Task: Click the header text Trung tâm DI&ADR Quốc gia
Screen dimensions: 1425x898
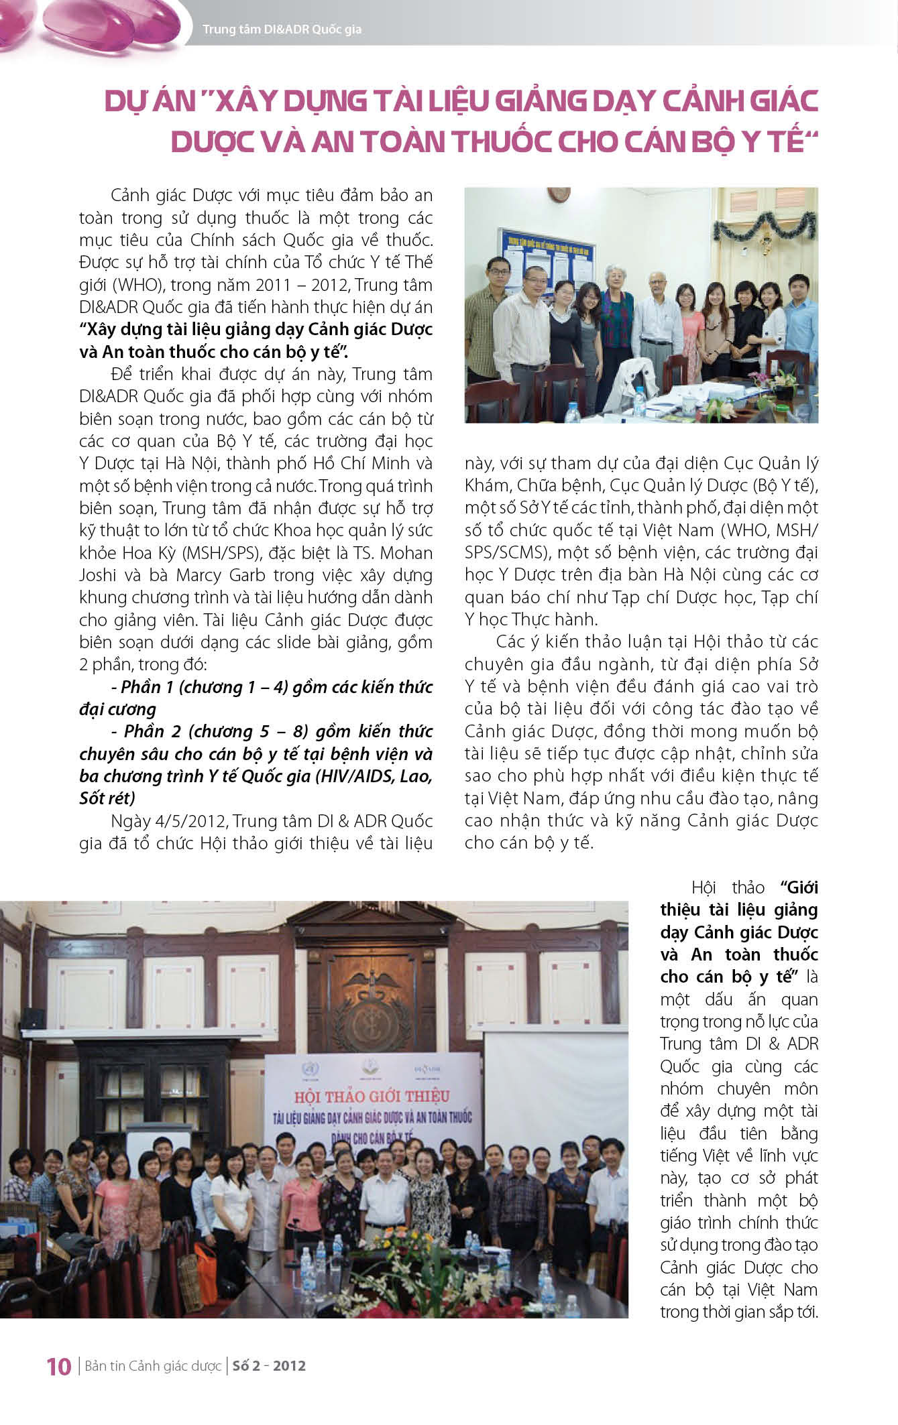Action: tap(282, 29)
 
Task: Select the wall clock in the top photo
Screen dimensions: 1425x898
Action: tap(558, 194)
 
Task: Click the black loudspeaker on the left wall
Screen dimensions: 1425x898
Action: tap(32, 1018)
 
